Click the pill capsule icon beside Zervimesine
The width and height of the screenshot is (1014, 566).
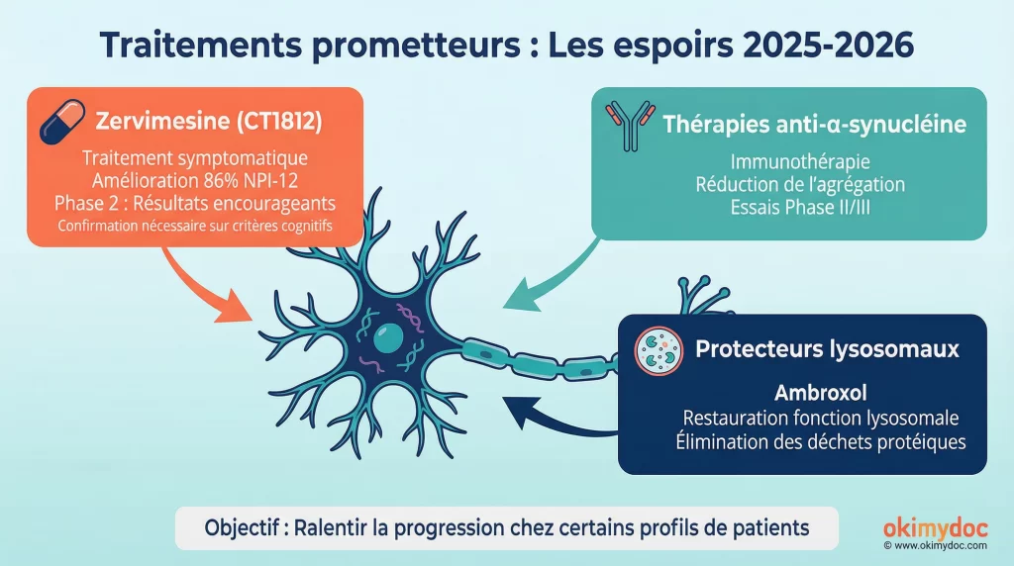coord(62,124)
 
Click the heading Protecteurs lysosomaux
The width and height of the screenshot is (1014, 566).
coord(827,349)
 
